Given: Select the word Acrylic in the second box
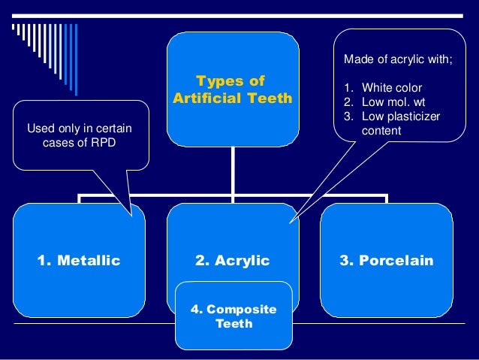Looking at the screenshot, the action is click(x=243, y=261).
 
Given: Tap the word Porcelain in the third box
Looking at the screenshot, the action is click(x=396, y=261).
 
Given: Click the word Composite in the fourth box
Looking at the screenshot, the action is click(x=242, y=310).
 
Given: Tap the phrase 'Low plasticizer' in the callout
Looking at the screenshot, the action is click(x=401, y=116).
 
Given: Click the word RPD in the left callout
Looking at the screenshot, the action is click(x=104, y=143).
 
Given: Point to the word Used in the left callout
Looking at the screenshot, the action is click(x=41, y=129).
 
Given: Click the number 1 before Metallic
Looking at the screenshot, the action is click(x=41, y=261).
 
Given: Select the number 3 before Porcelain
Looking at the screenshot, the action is click(x=344, y=261).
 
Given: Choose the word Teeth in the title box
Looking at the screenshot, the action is click(x=270, y=98).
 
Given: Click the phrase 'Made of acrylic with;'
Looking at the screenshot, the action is click(x=398, y=59).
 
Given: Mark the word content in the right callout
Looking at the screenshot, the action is click(x=381, y=131).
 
